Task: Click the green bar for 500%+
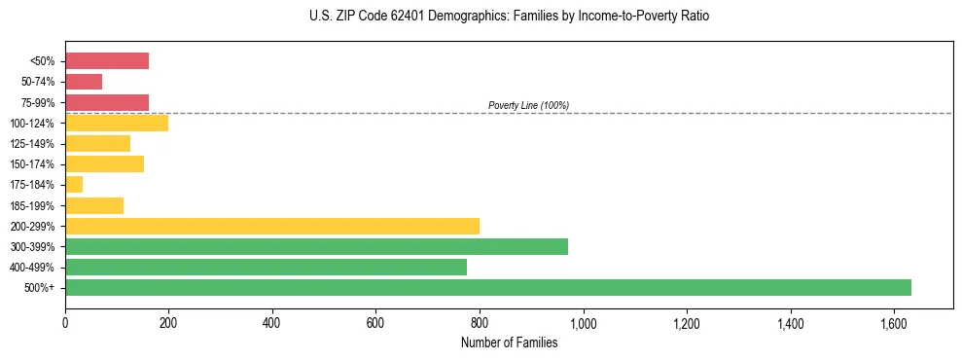point(487,287)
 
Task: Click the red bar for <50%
point(107,61)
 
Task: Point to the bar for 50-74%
point(84,82)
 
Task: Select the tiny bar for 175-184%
point(74,184)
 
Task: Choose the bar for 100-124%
point(117,123)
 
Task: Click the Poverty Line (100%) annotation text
point(528,105)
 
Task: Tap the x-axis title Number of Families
point(509,342)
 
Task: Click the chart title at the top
point(509,17)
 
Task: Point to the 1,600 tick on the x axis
point(894,322)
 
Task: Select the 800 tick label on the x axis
point(480,322)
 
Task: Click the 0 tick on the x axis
point(65,322)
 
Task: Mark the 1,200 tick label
point(687,322)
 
